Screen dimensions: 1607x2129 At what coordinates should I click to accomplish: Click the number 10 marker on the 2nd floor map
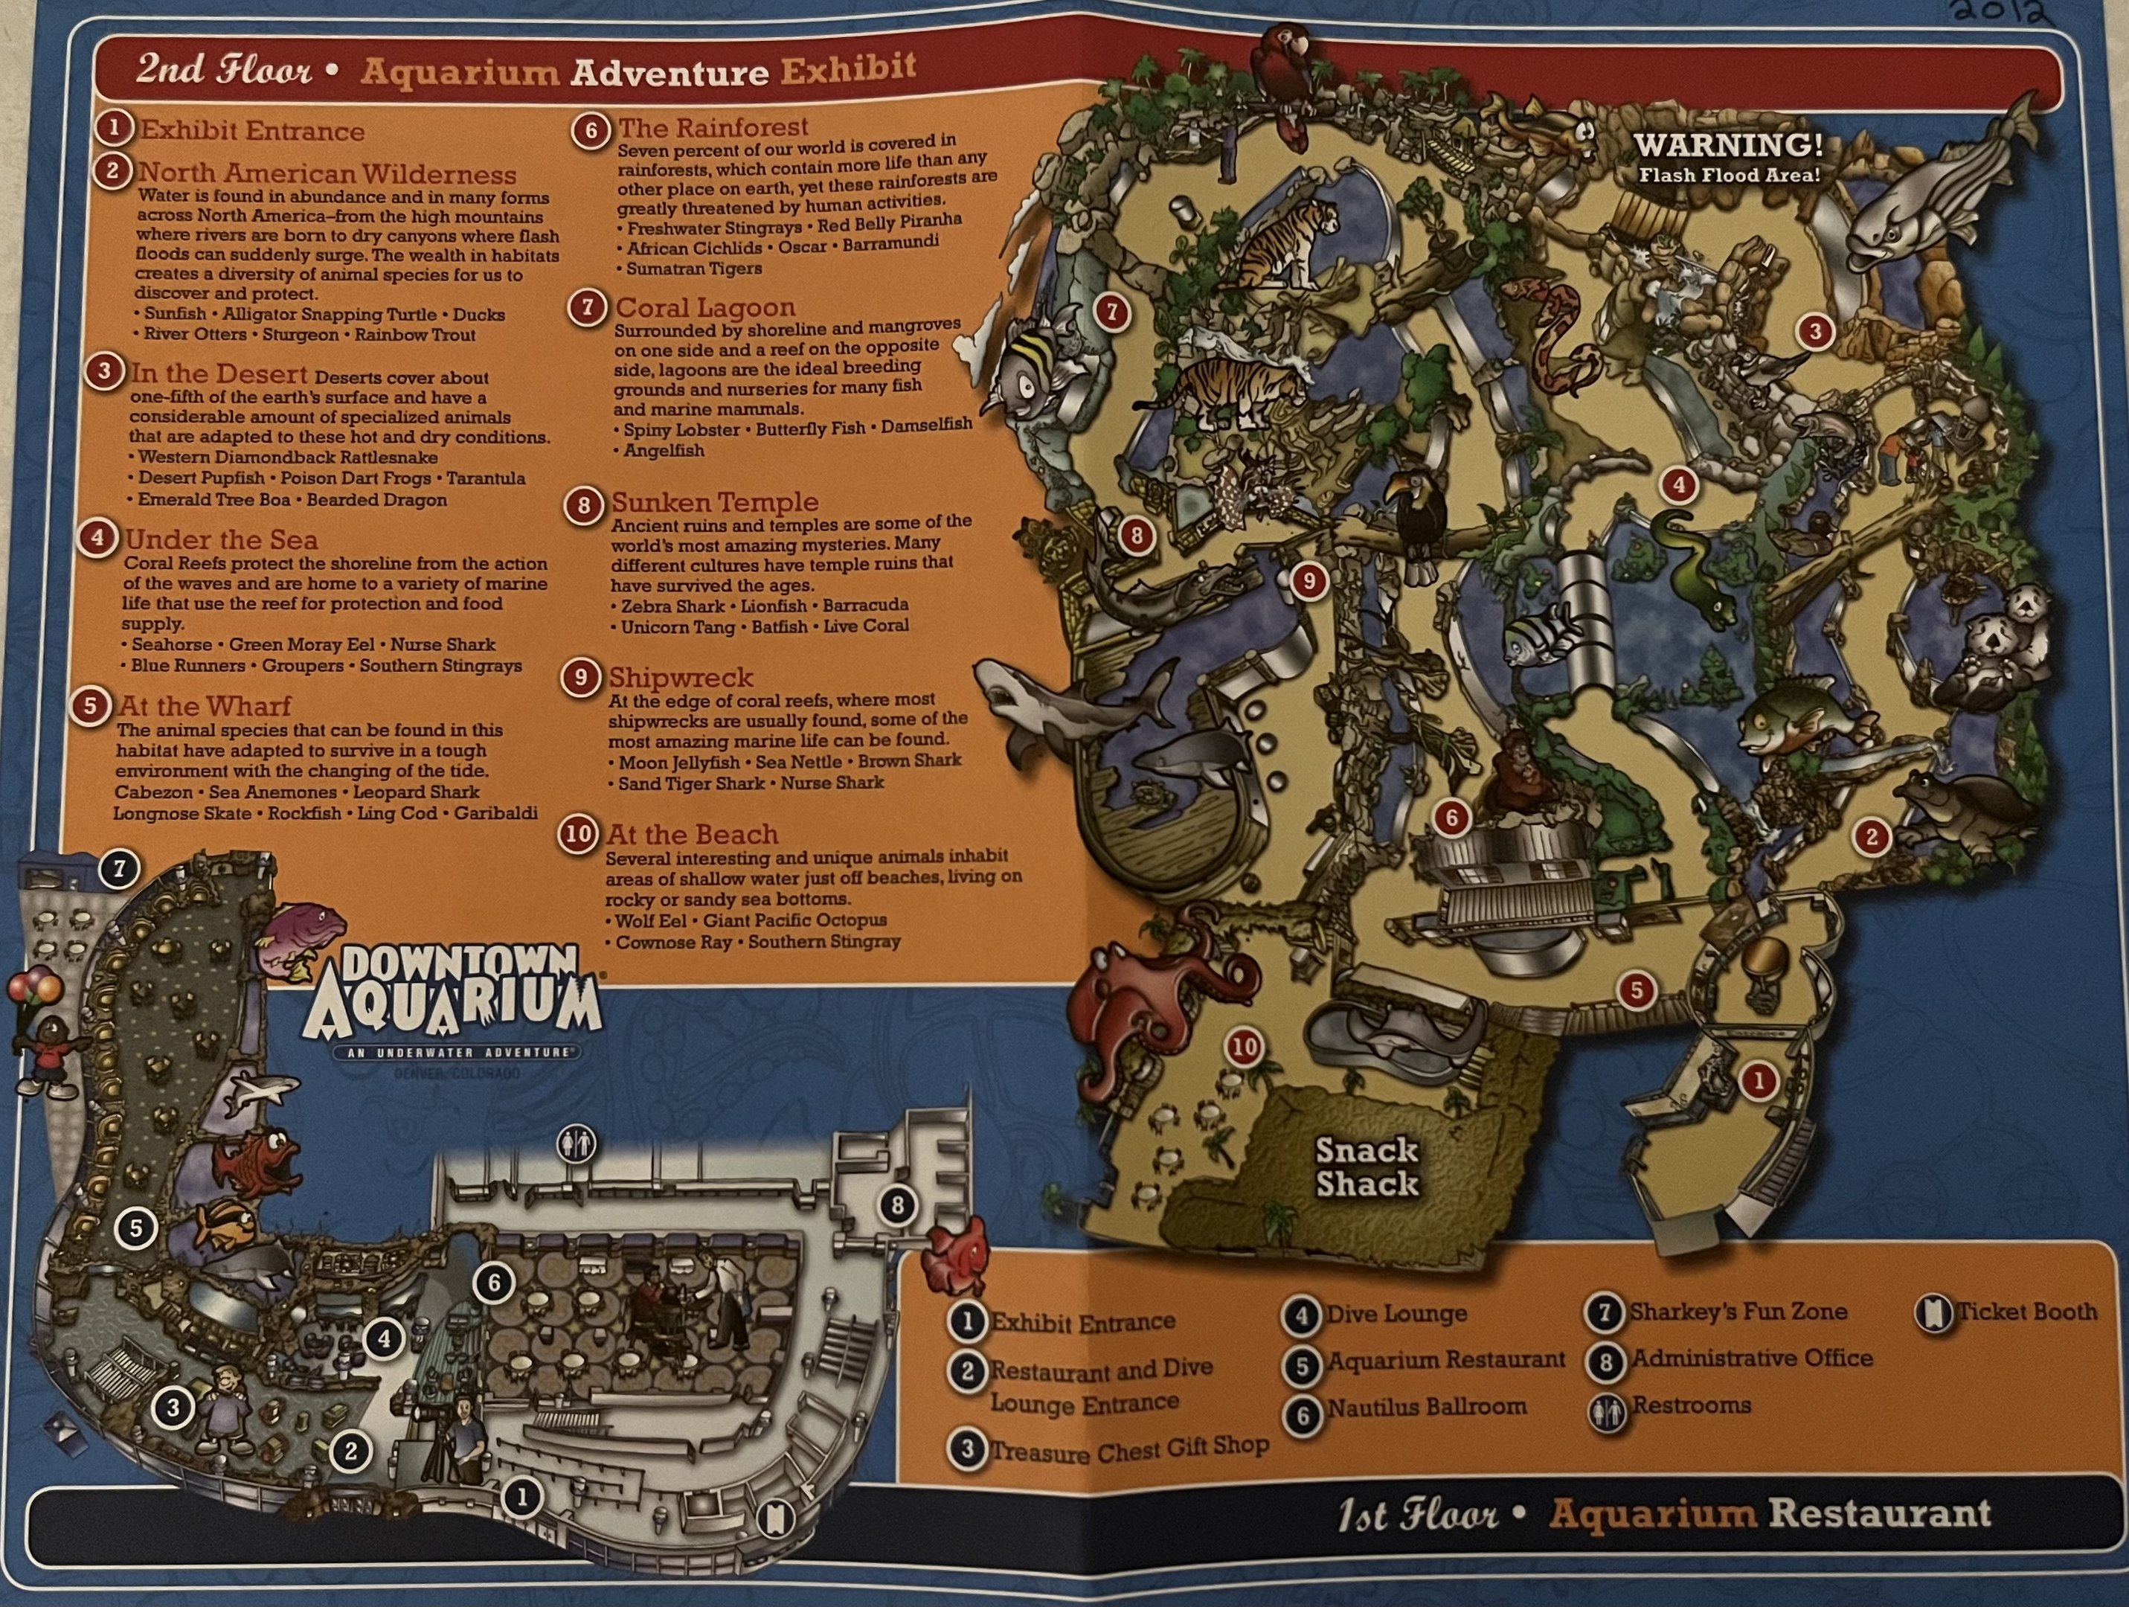pyautogui.click(x=1245, y=1048)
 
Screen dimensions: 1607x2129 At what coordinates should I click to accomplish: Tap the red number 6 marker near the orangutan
pyautogui.click(x=1451, y=818)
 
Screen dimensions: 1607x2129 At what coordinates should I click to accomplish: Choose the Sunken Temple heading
pyautogui.click(x=714, y=501)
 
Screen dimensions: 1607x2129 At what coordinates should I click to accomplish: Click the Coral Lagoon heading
pyautogui.click(x=705, y=307)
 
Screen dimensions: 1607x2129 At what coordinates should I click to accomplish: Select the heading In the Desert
pyautogui.click(x=219, y=373)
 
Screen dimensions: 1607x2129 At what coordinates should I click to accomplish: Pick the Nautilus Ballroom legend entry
pyautogui.click(x=1426, y=1407)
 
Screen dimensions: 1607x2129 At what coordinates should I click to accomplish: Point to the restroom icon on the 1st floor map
pyautogui.click(x=576, y=1143)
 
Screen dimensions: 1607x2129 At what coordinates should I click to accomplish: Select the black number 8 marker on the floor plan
pyautogui.click(x=897, y=1205)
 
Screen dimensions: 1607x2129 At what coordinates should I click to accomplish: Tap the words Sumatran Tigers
pyautogui.click(x=694, y=269)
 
